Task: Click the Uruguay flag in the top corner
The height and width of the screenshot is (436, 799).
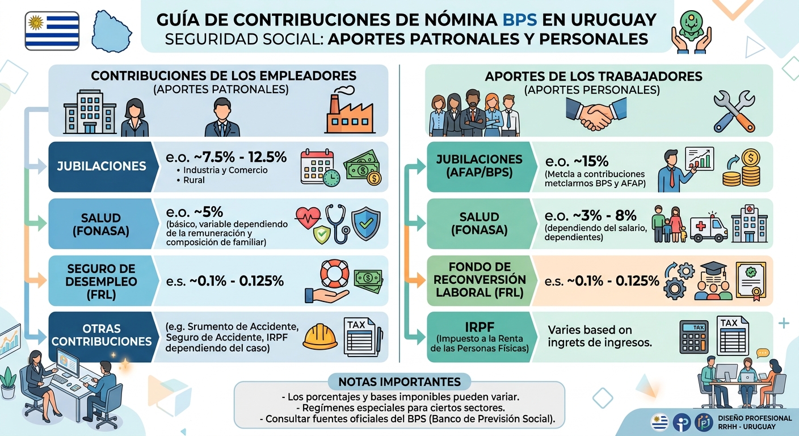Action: pyautogui.click(x=52, y=30)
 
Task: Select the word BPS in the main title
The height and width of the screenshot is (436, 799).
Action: pyautogui.click(x=520, y=20)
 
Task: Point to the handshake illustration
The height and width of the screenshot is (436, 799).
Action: pyautogui.click(x=596, y=113)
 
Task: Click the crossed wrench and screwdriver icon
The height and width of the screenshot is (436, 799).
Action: pyautogui.click(x=733, y=111)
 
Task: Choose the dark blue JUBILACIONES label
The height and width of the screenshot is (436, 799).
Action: pyautogui.click(x=101, y=166)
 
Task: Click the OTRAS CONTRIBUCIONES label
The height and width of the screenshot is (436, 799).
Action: pyautogui.click(x=101, y=336)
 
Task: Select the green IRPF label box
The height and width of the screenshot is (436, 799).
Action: pyautogui.click(x=480, y=336)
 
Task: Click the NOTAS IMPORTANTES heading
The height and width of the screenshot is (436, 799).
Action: pyautogui.click(x=399, y=381)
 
